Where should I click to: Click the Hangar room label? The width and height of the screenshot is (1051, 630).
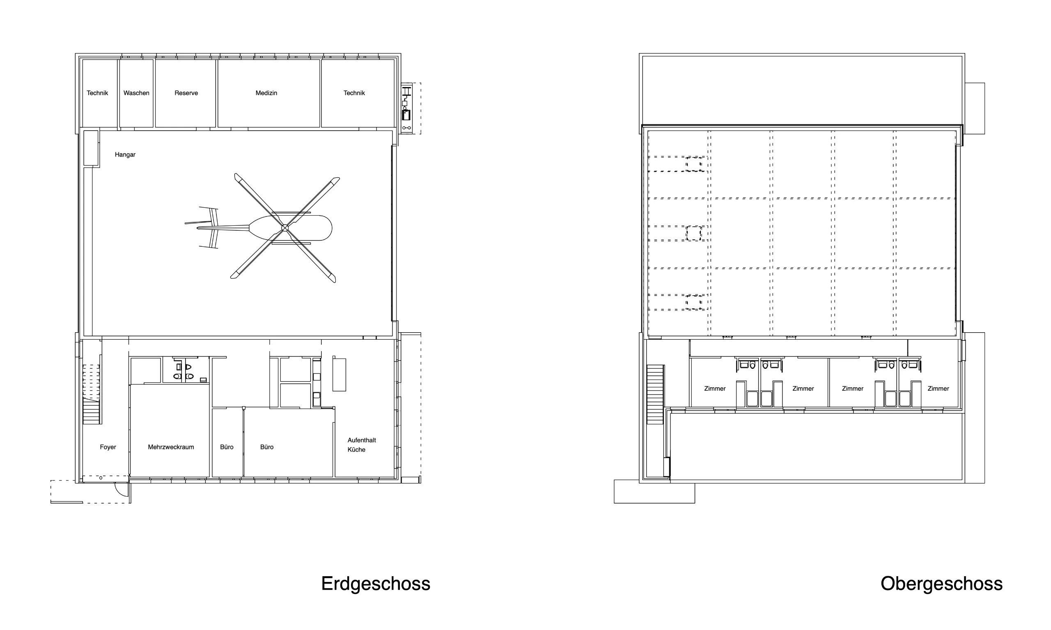point(125,154)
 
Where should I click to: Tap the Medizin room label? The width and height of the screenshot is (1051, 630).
point(266,93)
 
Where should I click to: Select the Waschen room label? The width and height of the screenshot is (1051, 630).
point(136,93)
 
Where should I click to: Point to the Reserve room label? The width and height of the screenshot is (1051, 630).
point(186,93)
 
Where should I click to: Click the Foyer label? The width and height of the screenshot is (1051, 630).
point(108,447)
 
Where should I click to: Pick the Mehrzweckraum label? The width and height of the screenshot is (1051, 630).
point(171,447)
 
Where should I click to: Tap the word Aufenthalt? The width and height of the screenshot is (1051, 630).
point(362,440)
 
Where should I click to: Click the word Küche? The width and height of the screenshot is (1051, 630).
point(356,450)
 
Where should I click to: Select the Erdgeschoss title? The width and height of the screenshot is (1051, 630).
point(376,584)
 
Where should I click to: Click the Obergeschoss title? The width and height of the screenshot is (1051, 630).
point(941,584)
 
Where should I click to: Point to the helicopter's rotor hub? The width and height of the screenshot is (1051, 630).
point(285,228)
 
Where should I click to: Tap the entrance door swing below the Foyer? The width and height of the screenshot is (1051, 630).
point(122,490)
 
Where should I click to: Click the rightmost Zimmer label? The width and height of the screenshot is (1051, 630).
point(938,389)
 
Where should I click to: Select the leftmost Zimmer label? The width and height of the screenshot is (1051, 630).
point(715,389)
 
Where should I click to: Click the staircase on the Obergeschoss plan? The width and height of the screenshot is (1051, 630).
point(655,394)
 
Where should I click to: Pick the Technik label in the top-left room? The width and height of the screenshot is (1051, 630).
point(97,93)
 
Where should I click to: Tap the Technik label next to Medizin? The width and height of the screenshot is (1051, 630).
point(354,93)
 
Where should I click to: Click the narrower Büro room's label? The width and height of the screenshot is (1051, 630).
point(227,447)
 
